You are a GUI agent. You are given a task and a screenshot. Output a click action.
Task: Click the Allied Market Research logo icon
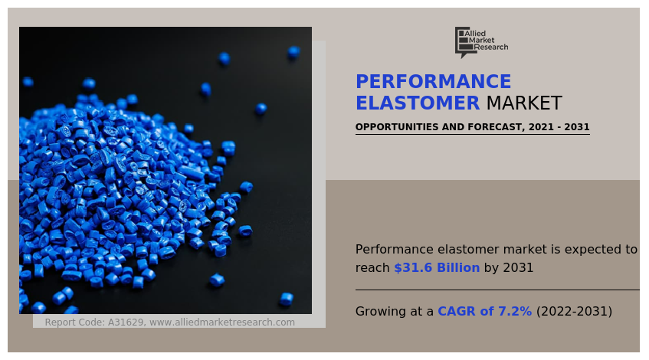(x=462, y=42)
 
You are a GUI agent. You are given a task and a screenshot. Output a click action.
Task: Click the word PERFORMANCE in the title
(x=433, y=82)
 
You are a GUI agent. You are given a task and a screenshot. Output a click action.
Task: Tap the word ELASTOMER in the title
(x=418, y=103)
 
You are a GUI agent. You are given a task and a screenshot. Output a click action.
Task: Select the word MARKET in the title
(x=523, y=103)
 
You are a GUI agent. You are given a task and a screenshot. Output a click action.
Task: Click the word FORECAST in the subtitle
(x=493, y=127)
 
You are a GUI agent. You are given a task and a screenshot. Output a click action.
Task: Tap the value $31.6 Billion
(x=437, y=268)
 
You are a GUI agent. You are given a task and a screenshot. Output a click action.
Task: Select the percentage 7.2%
(x=515, y=312)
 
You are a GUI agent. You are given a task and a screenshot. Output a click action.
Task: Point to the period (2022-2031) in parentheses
(x=574, y=312)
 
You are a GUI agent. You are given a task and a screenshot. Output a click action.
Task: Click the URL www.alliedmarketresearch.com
(x=222, y=322)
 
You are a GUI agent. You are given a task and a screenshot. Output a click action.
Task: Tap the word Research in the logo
(x=491, y=47)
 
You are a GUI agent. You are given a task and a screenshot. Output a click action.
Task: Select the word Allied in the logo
(x=475, y=33)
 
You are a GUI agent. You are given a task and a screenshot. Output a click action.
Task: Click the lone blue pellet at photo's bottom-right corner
(x=286, y=299)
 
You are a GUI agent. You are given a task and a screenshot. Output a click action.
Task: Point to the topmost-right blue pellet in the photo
(x=293, y=52)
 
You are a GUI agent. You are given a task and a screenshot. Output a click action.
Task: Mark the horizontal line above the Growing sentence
(x=497, y=290)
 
